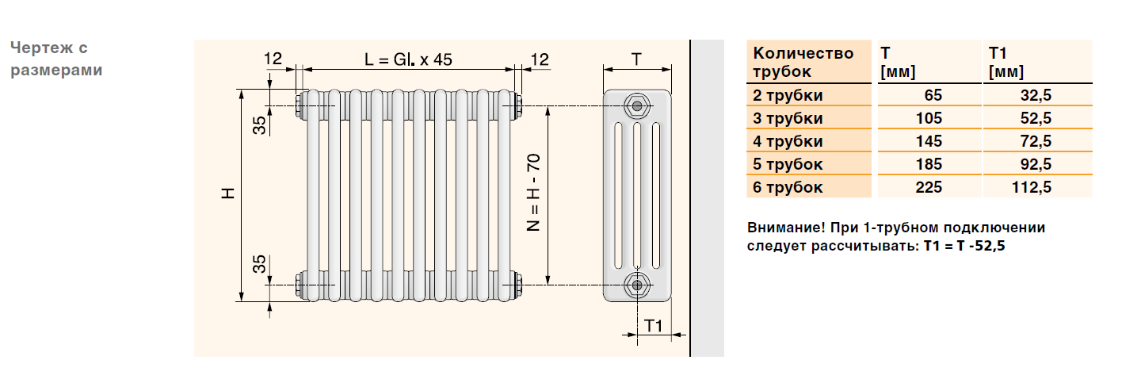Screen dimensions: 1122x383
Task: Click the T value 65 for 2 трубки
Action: pos(933,95)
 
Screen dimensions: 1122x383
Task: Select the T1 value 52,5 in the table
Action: pos(1036,118)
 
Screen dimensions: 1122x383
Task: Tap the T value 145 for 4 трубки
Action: pos(929,141)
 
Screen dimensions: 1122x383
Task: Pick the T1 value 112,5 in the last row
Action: pos(1032,187)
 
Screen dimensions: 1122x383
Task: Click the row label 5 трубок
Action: pos(788,164)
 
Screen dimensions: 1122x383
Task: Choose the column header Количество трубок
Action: pos(803,62)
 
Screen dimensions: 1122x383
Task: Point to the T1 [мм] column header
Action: pos(1006,62)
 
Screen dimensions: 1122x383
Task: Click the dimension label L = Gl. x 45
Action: pos(408,59)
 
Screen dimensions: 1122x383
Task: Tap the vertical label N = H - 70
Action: pos(533,193)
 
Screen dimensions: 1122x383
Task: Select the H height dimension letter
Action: pos(228,193)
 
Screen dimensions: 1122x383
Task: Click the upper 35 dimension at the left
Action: pos(259,125)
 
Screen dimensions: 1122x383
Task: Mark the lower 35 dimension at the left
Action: pos(259,264)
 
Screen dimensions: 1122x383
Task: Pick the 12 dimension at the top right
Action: pos(540,59)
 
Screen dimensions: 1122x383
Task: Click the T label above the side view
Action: pos(636,59)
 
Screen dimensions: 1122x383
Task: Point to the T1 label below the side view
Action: pos(653,326)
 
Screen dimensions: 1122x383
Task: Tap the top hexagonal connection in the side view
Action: pos(637,105)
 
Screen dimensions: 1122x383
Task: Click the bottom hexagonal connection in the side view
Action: pos(637,285)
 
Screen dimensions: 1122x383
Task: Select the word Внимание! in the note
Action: pos(786,228)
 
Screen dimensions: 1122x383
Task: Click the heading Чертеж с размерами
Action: pos(56,59)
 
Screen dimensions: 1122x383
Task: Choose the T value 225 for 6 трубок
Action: pos(929,187)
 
